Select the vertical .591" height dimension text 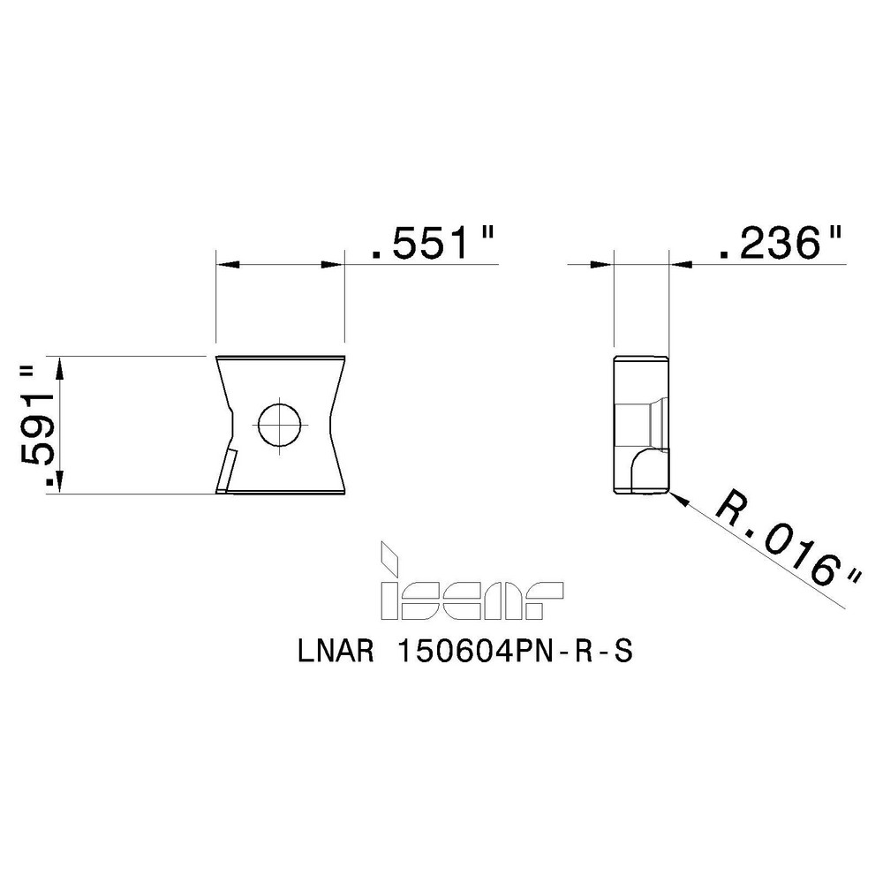[38, 425]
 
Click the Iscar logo [470, 592]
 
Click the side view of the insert [640, 424]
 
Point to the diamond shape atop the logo [387, 555]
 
